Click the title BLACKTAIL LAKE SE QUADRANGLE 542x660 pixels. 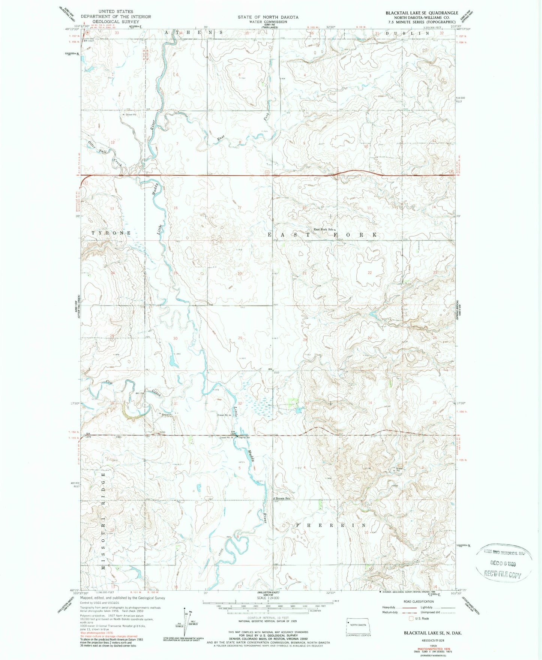coord(422,13)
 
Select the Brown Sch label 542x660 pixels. coord(283,498)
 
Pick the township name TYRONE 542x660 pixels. coord(111,233)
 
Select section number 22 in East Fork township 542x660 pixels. coord(369,272)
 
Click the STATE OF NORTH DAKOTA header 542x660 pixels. coord(268,17)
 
